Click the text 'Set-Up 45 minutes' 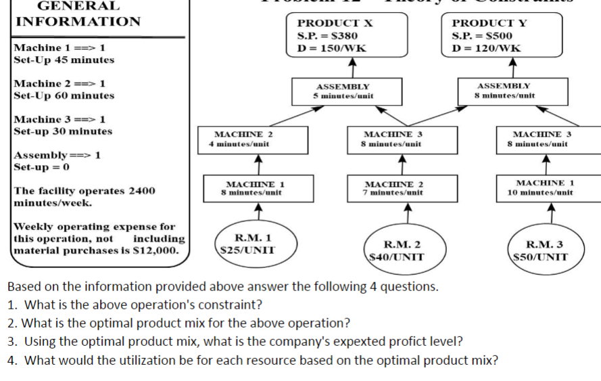click(x=64, y=60)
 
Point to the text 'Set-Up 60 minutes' click(x=64, y=95)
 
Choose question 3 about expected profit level click(x=235, y=341)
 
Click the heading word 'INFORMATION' click(x=78, y=21)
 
